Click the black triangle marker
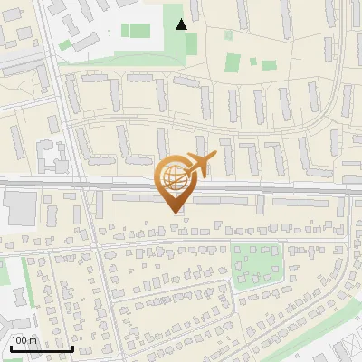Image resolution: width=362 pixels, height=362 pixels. (182, 24)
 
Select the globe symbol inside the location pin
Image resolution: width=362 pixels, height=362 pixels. (173, 174)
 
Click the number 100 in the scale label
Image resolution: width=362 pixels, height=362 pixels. (20, 340)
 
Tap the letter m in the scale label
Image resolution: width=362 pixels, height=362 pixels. (33, 340)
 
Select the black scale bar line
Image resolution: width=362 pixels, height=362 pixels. (41, 348)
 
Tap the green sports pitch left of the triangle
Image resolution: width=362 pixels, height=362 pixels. (137, 30)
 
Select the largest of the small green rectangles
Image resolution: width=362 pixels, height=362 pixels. (233, 62)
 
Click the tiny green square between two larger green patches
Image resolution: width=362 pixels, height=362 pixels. (252, 63)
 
